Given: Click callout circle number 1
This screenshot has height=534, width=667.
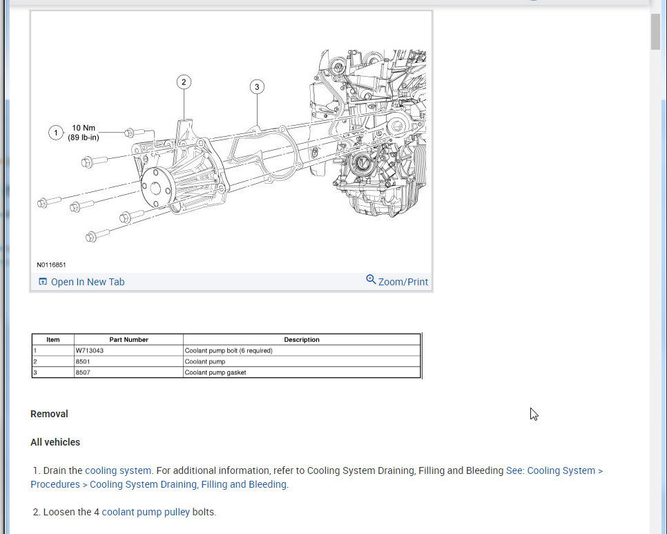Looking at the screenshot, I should pyautogui.click(x=56, y=133).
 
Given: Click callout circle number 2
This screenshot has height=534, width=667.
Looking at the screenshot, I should pyautogui.click(x=184, y=82).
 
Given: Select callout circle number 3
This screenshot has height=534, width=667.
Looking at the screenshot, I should pyautogui.click(x=257, y=87).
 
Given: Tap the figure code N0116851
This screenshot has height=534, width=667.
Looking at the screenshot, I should pyautogui.click(x=51, y=265).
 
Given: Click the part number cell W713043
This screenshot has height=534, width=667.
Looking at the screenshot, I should pyautogui.click(x=90, y=350).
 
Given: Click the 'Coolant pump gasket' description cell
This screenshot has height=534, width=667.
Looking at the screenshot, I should pyautogui.click(x=215, y=372).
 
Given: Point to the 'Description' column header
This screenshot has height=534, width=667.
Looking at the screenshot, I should pyautogui.click(x=302, y=339).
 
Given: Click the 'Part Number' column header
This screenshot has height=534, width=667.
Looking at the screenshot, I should pyautogui.click(x=128, y=339).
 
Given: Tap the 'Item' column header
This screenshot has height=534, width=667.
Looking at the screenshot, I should pyautogui.click(x=53, y=339).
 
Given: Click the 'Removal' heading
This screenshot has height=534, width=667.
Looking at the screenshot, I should pyautogui.click(x=49, y=414).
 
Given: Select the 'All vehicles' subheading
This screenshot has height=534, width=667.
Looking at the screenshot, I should pyautogui.click(x=55, y=442).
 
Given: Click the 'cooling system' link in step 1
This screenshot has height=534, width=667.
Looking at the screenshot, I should pyautogui.click(x=117, y=470).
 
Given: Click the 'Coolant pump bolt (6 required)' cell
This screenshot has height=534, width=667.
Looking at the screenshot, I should pyautogui.click(x=229, y=350).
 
